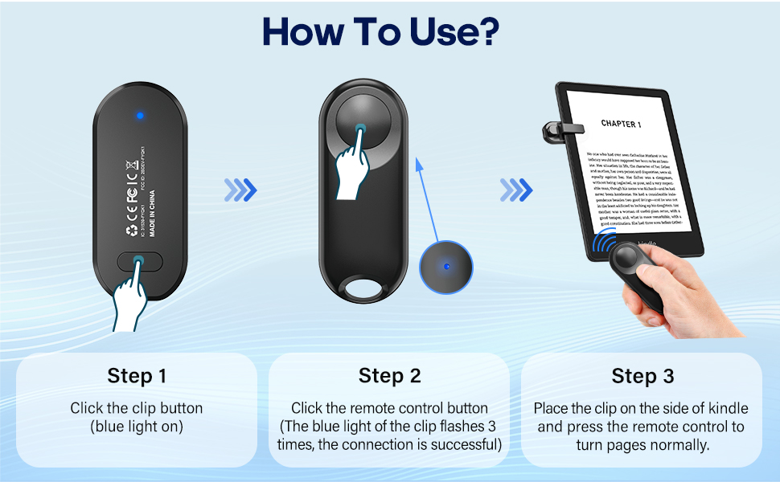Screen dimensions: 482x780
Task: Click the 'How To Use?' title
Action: click(x=380, y=32)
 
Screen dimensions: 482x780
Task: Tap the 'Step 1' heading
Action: click(x=137, y=376)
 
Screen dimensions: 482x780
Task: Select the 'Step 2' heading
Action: click(x=388, y=376)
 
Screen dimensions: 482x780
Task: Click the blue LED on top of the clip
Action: click(x=140, y=116)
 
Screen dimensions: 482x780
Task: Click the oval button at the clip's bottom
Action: click(x=140, y=261)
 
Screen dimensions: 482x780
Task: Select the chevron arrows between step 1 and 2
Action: click(x=240, y=190)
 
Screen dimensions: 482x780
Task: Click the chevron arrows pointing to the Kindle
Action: click(x=515, y=190)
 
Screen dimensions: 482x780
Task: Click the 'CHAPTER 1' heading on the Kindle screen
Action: click(x=621, y=125)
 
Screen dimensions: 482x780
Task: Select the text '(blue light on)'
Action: click(x=137, y=427)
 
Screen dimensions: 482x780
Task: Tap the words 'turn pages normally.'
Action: click(x=642, y=444)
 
